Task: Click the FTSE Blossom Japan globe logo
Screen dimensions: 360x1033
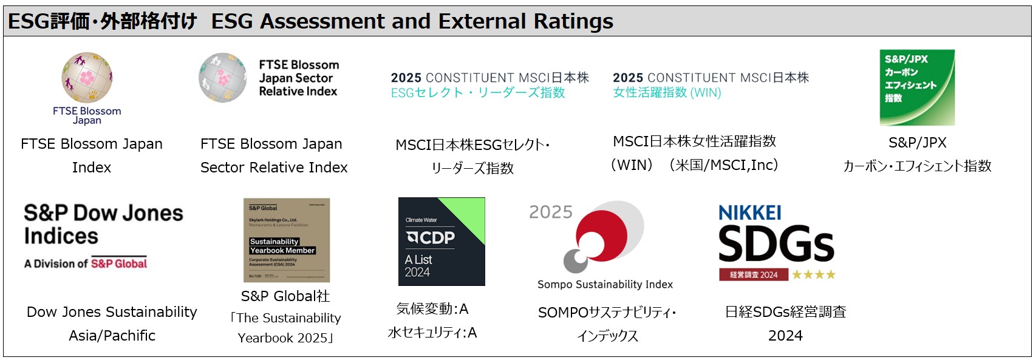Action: coord(87,78)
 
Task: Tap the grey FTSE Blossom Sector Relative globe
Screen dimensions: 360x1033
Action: coord(222,77)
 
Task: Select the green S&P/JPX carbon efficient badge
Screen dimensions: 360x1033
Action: coord(917,87)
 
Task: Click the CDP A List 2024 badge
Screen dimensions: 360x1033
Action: coord(441,241)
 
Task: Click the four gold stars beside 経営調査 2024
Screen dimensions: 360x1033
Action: coord(814,274)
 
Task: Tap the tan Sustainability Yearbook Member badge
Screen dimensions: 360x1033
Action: coord(287,240)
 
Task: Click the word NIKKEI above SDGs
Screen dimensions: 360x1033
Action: coord(749,213)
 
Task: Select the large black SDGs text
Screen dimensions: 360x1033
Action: coord(776,244)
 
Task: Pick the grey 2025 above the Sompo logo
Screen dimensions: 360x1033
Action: coord(551,212)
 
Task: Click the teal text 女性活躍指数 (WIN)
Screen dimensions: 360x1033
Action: coord(667,93)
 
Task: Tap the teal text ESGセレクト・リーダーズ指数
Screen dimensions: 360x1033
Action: coord(478,93)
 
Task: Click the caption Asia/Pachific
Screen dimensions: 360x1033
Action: coord(112,336)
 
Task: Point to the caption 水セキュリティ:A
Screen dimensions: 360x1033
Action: coord(432,333)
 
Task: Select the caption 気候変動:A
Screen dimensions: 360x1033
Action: coord(432,309)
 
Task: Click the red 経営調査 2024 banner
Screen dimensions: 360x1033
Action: coord(754,274)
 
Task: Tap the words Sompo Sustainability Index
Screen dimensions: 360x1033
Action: coord(605,284)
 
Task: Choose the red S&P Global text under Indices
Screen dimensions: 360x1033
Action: coord(119,263)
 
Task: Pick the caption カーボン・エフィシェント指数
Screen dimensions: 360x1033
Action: coord(917,166)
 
